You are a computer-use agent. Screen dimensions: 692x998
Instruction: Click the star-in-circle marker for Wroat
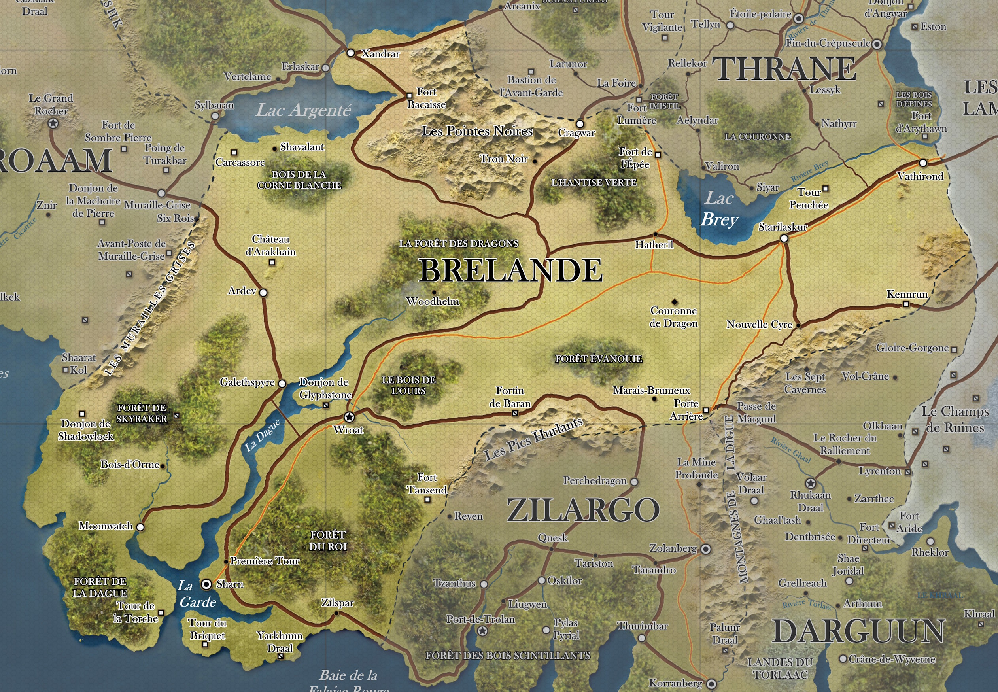(349, 417)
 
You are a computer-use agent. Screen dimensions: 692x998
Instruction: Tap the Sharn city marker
(206, 584)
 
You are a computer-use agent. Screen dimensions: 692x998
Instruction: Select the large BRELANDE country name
(510, 270)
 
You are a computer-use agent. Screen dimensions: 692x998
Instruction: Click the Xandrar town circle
(351, 53)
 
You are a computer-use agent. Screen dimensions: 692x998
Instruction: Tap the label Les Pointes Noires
(477, 131)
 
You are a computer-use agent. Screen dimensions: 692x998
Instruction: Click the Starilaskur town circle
(784, 238)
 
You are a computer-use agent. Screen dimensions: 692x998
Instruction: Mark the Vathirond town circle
(923, 163)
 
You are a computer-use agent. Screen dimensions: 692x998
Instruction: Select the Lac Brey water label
(719, 209)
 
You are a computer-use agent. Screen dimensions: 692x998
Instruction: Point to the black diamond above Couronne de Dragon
(674, 301)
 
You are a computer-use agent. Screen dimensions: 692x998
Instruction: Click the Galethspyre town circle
(282, 383)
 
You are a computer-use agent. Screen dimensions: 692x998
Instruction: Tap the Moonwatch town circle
(140, 527)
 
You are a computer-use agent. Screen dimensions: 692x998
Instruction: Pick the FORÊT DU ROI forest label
(328, 541)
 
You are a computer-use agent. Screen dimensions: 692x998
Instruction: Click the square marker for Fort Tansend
(427, 499)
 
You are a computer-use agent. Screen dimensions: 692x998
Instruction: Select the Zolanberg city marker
(706, 549)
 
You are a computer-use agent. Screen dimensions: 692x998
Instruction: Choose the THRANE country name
(784, 69)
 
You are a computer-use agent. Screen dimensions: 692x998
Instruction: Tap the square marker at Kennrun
(905, 304)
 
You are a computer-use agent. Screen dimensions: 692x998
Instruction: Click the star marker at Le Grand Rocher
(53, 123)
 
